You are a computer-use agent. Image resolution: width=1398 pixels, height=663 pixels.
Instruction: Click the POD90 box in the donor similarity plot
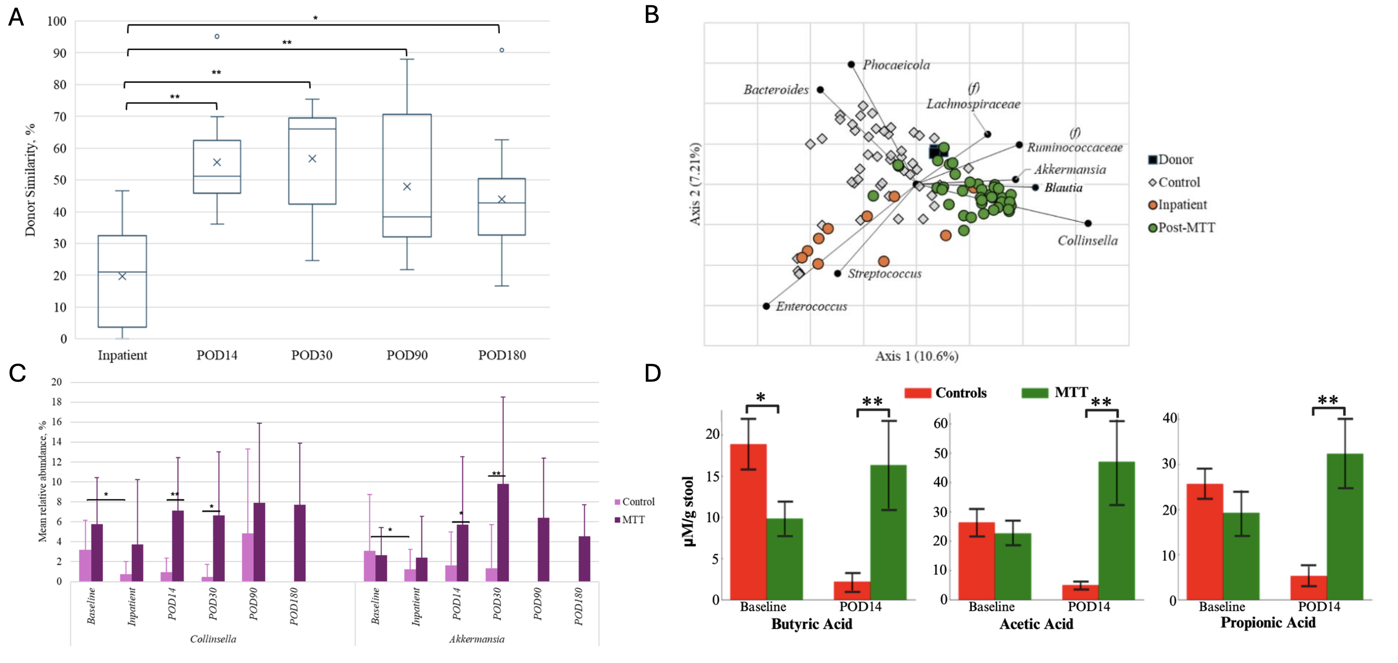(x=407, y=175)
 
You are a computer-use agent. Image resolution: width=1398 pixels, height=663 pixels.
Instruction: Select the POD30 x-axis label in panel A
(x=311, y=355)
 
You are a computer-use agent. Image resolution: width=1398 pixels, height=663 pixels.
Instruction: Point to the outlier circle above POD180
(x=502, y=50)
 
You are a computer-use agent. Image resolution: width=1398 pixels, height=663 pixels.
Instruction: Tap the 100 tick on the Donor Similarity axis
(x=56, y=21)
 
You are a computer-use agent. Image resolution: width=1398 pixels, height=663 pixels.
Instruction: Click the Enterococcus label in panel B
(x=811, y=307)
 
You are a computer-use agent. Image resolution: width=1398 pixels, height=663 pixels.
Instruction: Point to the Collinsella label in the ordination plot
(x=1087, y=241)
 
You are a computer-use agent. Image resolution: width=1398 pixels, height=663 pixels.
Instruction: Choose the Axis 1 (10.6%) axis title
(x=917, y=356)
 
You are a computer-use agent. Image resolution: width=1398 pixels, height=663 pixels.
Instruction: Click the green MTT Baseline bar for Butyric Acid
(x=785, y=559)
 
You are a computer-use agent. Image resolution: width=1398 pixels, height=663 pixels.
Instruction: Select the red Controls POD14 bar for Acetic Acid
(x=1080, y=592)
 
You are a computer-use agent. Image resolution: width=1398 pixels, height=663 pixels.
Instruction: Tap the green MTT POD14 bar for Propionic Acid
(x=1345, y=527)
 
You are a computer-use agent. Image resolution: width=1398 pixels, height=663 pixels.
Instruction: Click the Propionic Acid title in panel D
(x=1268, y=622)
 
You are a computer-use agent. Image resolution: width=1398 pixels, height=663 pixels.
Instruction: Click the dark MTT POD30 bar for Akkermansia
(x=503, y=533)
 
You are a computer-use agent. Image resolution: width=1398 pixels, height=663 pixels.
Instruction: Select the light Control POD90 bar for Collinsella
(x=247, y=558)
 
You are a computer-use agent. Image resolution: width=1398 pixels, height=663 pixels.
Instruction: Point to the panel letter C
(x=17, y=373)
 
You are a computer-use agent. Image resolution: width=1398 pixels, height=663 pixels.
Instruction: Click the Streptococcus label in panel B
(x=885, y=274)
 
